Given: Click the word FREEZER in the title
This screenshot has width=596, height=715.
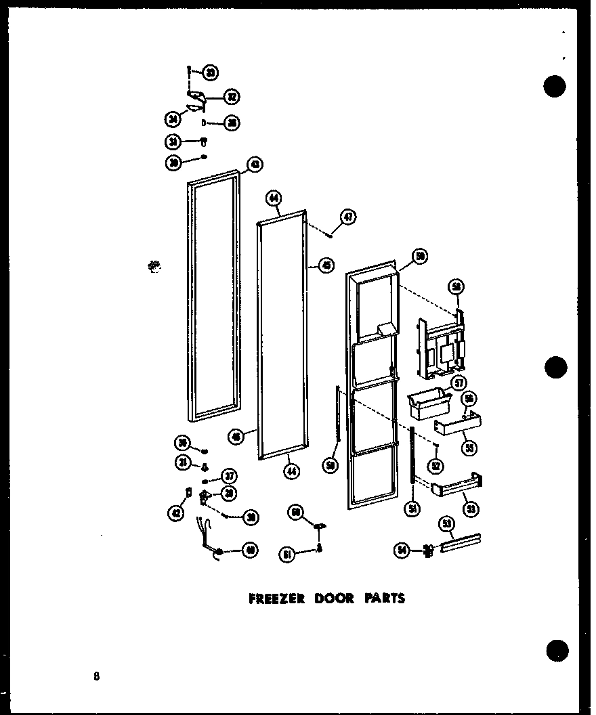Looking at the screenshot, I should click(270, 599).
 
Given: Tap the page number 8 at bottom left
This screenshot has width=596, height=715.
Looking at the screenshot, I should click(98, 676).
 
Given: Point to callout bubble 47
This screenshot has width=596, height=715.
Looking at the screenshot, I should click(348, 217).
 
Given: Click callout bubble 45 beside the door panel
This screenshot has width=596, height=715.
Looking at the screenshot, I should click(328, 266).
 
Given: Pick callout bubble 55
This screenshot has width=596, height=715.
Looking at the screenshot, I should click(466, 447).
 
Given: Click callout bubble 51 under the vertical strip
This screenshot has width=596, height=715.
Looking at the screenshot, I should click(410, 508).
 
